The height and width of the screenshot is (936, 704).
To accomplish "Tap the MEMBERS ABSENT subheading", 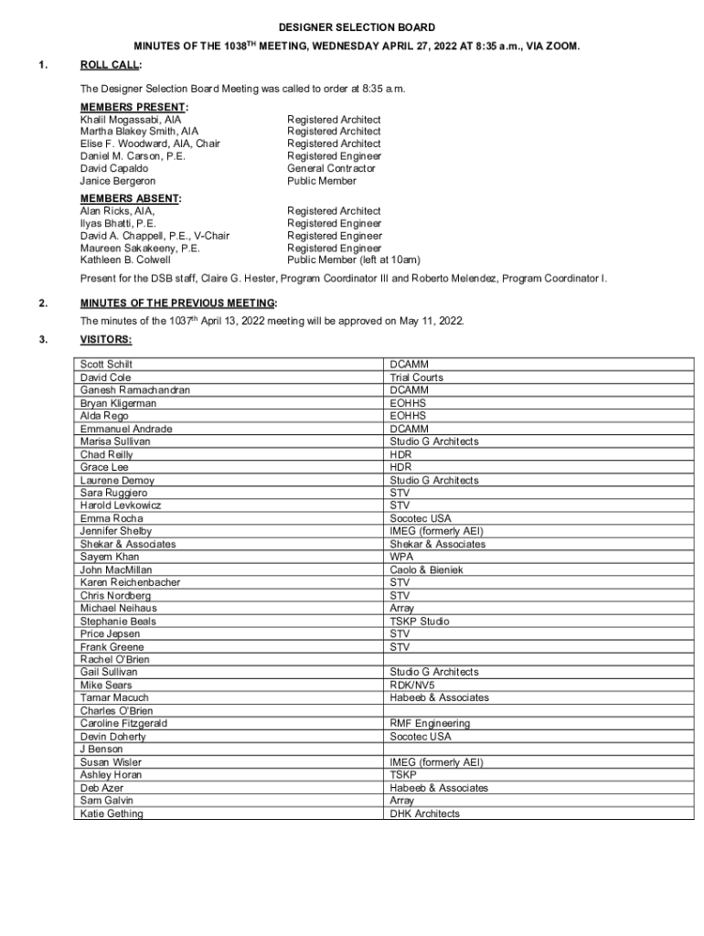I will [129, 198].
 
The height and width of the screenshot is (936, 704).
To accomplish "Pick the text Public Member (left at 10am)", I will [353, 260].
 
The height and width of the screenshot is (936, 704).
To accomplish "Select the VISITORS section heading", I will [105, 340].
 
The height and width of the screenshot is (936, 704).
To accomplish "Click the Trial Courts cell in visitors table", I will [416, 378].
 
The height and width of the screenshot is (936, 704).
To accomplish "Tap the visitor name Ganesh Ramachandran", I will [135, 390].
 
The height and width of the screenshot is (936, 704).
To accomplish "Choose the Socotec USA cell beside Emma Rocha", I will [420, 518].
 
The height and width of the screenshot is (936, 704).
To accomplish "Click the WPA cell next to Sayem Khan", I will [401, 557].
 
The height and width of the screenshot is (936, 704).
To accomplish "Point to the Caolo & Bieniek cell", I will [426, 569].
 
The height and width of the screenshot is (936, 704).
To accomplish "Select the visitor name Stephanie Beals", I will [118, 621].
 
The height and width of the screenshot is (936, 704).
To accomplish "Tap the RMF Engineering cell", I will [430, 723].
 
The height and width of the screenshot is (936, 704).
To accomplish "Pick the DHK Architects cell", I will [424, 814].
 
